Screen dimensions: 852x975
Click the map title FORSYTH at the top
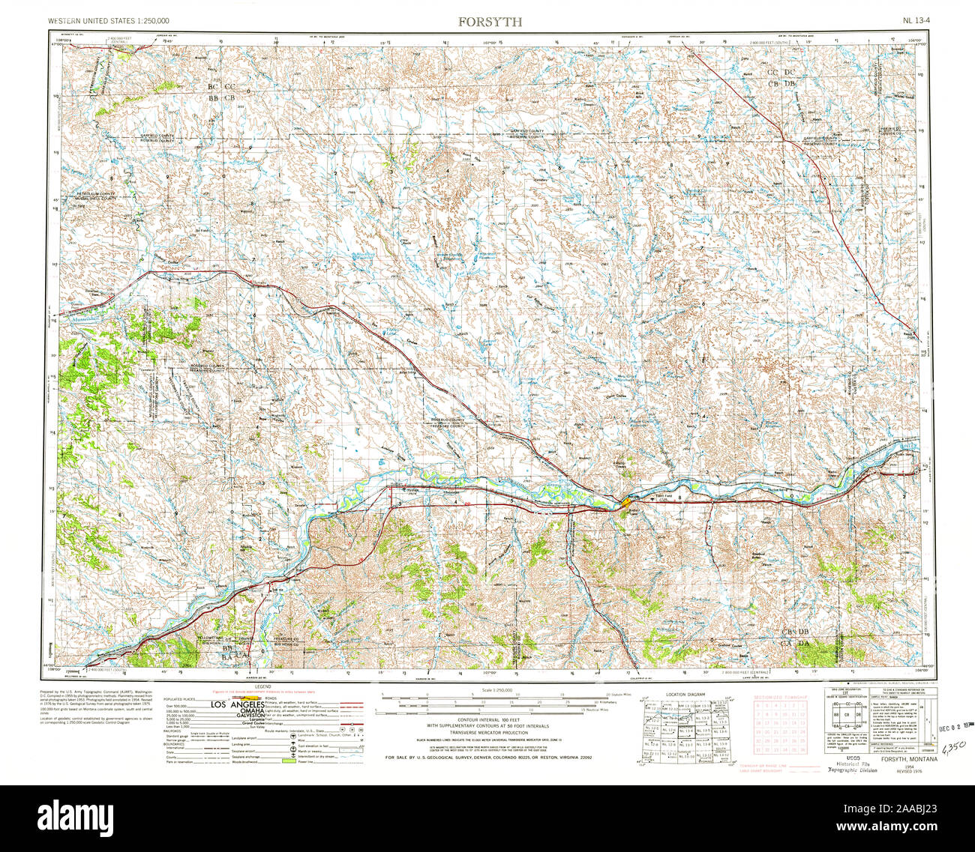click(x=490, y=22)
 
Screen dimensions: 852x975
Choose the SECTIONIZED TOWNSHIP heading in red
click(x=781, y=696)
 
